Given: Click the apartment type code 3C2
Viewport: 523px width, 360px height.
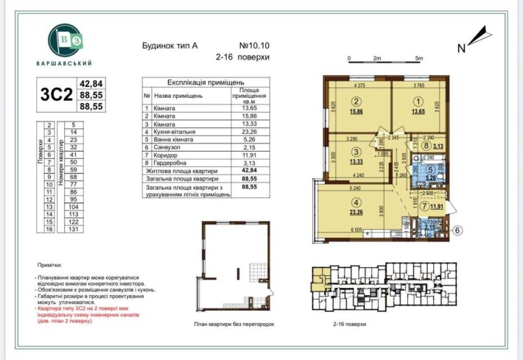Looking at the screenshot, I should click(56, 94).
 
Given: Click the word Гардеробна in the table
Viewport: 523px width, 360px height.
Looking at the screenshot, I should click(174, 163).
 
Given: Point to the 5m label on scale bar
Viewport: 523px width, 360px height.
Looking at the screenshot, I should click(419, 57).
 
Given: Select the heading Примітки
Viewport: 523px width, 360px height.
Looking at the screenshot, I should click(52, 263).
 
